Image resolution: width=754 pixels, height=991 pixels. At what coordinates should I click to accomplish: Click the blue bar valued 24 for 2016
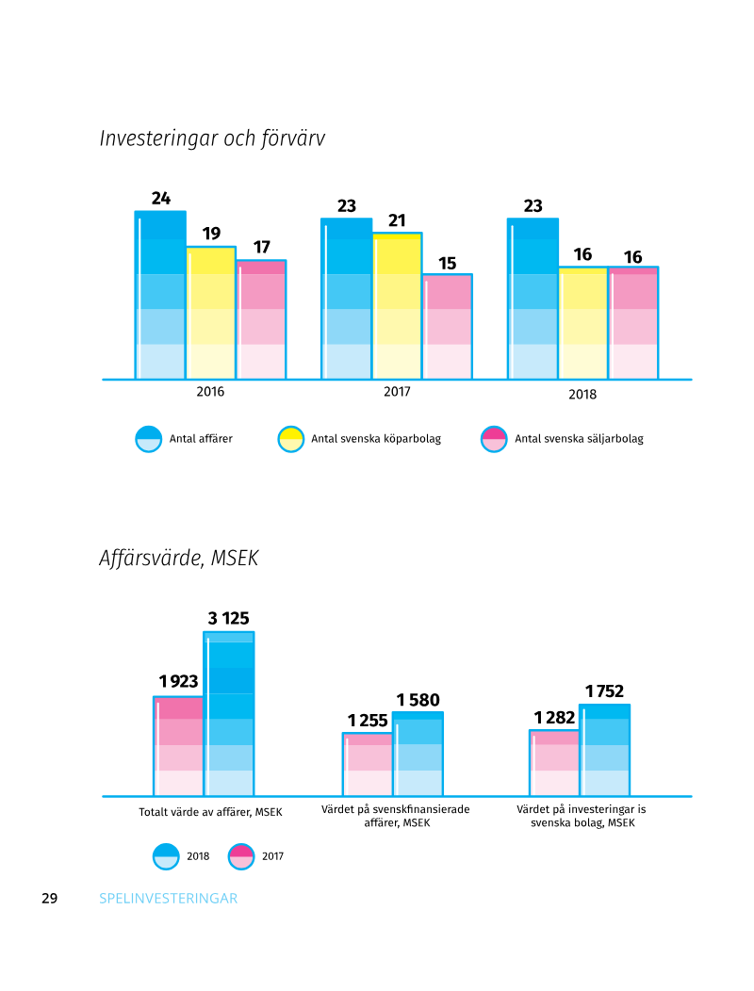(160, 295)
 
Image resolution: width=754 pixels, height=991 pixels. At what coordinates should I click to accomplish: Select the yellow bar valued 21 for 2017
(397, 306)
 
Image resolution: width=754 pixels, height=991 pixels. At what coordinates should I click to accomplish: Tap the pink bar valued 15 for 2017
(448, 327)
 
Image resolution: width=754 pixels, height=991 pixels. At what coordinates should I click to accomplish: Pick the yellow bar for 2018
(583, 323)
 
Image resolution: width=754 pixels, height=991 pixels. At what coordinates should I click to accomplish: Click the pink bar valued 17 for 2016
(261, 319)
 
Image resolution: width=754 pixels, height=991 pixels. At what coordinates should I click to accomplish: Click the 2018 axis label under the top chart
(582, 395)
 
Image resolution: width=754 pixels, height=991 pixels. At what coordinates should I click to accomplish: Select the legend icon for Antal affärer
(149, 439)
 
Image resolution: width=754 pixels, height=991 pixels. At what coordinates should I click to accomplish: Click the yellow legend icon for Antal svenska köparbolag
(290, 439)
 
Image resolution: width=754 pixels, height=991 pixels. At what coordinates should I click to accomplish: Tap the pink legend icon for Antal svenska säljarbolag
(494, 439)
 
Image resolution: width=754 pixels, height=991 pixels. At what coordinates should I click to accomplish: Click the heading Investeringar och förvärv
(212, 138)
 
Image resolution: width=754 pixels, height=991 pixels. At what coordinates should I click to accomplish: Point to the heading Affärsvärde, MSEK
(178, 558)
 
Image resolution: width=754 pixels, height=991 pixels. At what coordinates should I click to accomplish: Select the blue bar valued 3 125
(229, 714)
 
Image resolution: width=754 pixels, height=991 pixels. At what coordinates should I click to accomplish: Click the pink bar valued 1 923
(178, 746)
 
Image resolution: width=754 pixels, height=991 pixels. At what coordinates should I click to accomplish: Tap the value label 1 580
(418, 700)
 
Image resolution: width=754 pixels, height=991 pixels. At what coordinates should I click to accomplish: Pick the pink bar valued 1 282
(553, 763)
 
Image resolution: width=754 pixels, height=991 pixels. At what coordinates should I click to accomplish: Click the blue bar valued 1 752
(604, 750)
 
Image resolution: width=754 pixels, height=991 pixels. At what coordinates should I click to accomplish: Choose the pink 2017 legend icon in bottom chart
(241, 856)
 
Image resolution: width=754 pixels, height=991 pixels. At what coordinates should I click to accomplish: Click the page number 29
(50, 899)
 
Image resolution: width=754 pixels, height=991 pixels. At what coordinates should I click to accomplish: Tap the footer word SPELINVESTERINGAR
(169, 899)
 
